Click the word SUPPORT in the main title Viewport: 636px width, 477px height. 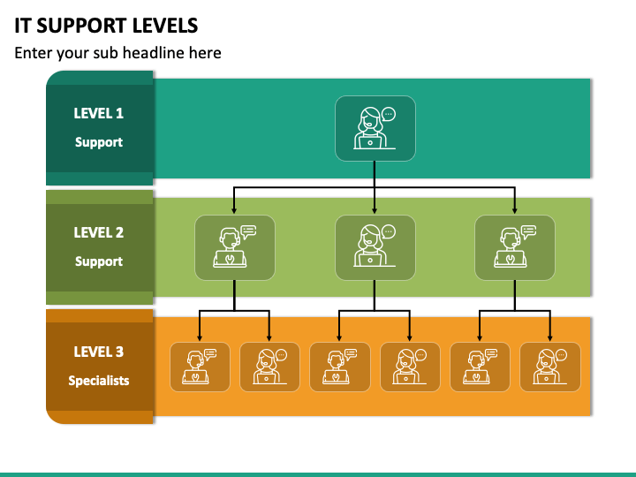(x=82, y=26)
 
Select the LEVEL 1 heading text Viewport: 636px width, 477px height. (x=99, y=113)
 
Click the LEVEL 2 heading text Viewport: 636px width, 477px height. (x=99, y=232)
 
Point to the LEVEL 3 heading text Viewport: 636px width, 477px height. (x=99, y=352)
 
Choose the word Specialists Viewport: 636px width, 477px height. (x=99, y=381)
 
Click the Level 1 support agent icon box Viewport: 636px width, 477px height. (x=375, y=129)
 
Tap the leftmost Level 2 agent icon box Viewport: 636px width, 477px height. (x=235, y=247)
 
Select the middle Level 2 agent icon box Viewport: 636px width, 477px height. (x=375, y=247)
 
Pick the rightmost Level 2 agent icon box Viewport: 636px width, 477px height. (x=515, y=247)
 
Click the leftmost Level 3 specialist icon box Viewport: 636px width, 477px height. (x=200, y=367)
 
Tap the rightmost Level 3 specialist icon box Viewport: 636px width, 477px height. (x=550, y=367)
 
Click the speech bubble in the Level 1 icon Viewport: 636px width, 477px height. (x=389, y=115)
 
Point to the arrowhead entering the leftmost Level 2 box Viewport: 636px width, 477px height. (x=234, y=210)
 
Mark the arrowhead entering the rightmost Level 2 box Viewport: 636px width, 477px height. (x=515, y=210)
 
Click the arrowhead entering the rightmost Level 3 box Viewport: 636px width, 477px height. (x=550, y=337)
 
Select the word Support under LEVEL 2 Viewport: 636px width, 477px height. (x=99, y=261)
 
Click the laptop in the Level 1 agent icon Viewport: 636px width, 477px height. (x=370, y=142)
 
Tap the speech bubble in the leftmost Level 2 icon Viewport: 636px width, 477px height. (x=248, y=232)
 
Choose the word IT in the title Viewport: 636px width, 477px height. (x=22, y=26)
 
